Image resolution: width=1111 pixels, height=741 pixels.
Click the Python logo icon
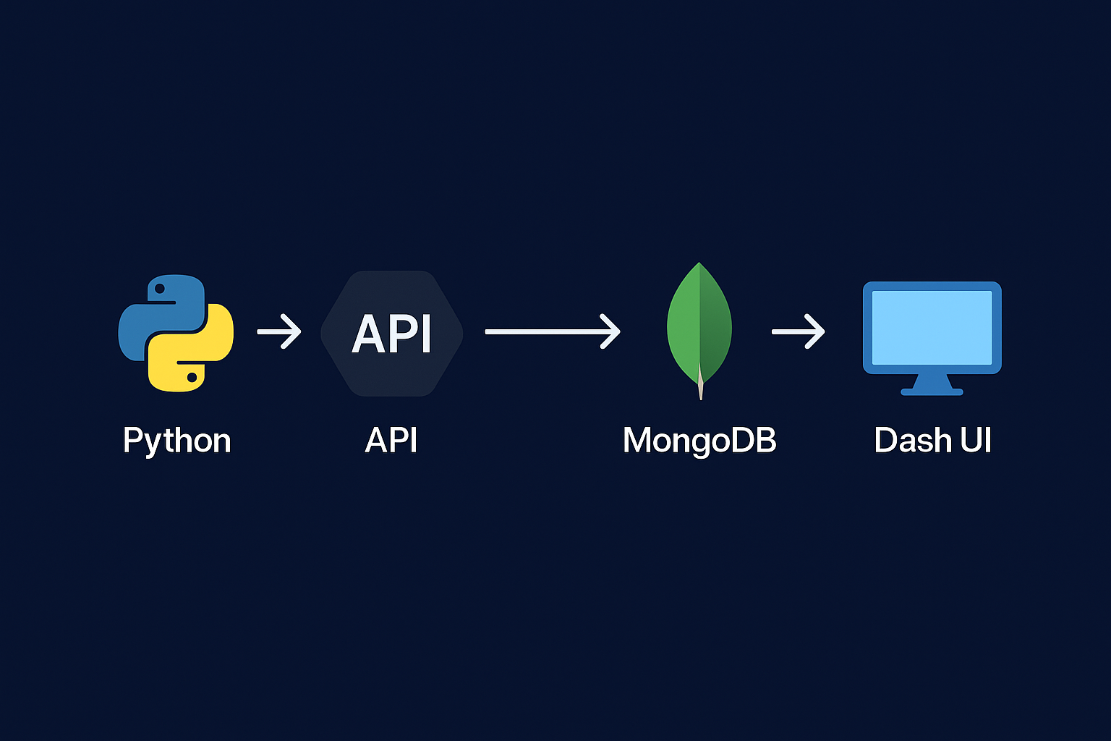176,333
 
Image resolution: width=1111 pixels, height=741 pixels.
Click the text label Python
176,440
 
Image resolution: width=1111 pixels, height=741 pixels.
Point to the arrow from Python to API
279,331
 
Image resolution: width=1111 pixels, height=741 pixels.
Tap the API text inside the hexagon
391,334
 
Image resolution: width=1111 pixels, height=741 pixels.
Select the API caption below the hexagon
391,440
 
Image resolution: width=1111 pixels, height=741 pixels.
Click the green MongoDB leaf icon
699,322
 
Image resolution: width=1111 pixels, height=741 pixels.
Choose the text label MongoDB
699,440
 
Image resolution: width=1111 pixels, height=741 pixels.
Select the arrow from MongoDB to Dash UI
798,331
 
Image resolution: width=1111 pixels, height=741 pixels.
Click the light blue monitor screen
932,327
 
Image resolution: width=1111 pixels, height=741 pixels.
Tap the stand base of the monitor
932,391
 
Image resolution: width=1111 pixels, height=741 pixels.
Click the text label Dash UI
932,440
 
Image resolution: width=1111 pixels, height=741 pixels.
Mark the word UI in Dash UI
976,440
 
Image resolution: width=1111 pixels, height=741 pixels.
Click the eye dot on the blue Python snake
161,289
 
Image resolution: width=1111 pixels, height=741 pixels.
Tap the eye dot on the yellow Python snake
192,377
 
